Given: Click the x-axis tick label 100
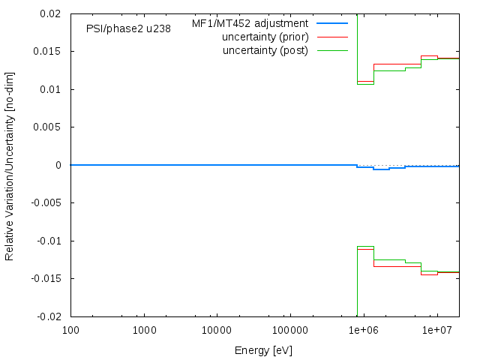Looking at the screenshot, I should (70, 330).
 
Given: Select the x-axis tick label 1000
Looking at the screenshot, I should (144, 330).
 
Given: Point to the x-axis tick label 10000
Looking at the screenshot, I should (217, 330).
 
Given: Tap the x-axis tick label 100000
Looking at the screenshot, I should (290, 330).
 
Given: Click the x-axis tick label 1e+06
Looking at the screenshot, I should (364, 330).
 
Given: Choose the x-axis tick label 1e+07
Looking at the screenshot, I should (436, 330).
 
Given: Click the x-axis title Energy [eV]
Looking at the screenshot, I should (264, 350).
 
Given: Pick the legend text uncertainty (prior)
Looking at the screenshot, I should (265, 37).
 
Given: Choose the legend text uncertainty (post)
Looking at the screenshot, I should (265, 50).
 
